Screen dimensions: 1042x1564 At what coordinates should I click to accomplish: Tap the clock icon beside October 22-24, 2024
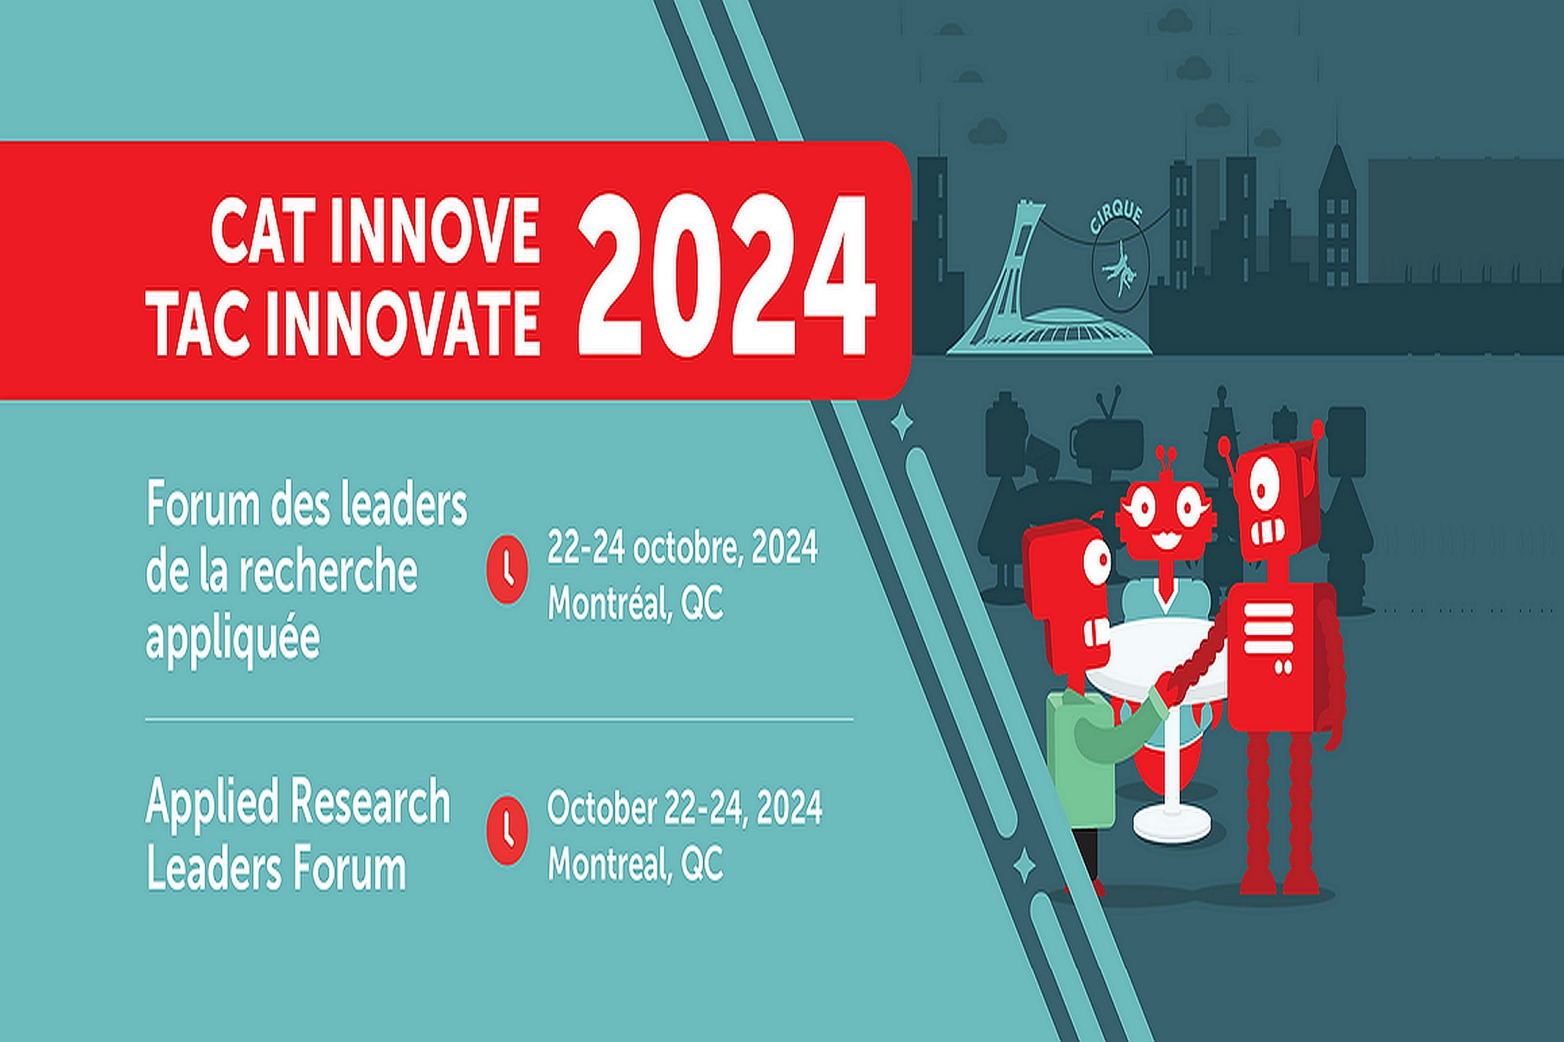pos(507,831)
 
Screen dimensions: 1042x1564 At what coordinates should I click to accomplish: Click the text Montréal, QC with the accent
pos(635,603)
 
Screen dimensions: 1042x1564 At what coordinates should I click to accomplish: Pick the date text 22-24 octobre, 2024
pos(682,548)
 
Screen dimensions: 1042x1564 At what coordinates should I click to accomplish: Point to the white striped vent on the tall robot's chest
pos(1268,628)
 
